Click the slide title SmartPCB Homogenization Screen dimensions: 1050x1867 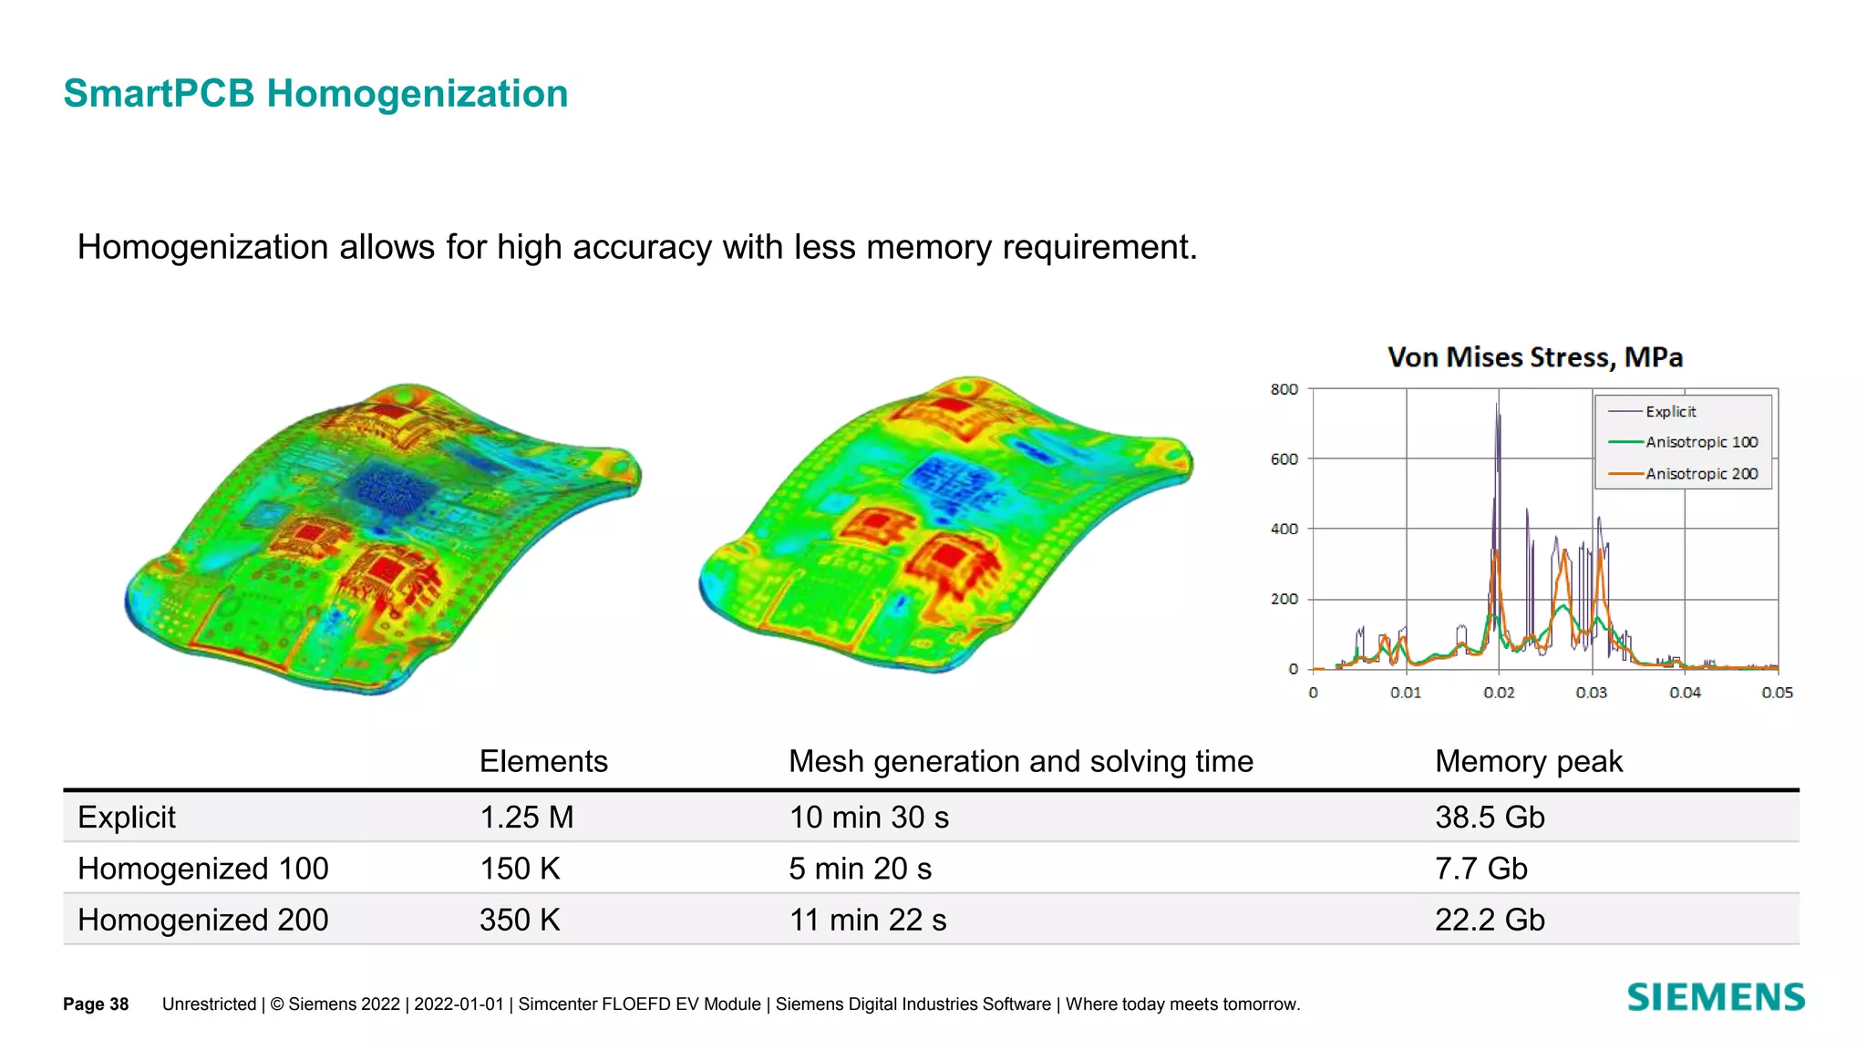click(x=315, y=94)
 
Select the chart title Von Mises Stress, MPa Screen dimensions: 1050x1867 click(x=1535, y=357)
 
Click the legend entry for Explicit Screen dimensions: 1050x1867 click(x=1670, y=412)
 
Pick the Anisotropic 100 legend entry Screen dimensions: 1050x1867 click(x=1701, y=443)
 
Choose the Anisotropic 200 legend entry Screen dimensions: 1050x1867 click(x=1701, y=474)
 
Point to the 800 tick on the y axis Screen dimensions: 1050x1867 click(x=1284, y=390)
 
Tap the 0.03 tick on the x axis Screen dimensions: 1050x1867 click(x=1592, y=693)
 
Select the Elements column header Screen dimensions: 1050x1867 click(x=543, y=761)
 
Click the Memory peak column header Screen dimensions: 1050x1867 click(x=1529, y=761)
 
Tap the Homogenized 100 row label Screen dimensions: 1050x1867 click(x=202, y=869)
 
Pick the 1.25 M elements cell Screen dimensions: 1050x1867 click(x=527, y=818)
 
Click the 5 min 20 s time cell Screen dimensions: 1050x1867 click(x=860, y=869)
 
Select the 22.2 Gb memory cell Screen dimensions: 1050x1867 click(x=1490, y=920)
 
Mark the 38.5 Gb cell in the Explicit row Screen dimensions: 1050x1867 click(x=1490, y=818)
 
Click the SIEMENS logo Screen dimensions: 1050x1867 click(x=1716, y=997)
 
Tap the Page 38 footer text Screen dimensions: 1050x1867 click(x=96, y=1004)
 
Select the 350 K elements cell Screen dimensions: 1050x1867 click(x=520, y=920)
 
